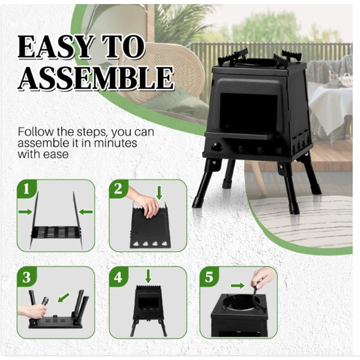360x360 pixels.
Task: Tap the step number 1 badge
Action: [27, 189]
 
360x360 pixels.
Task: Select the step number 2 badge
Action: [118, 189]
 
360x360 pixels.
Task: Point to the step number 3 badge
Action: [27, 277]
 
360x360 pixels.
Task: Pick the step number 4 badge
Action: [118, 277]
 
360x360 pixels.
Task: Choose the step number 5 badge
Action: [209, 277]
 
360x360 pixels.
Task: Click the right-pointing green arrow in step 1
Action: [25, 211]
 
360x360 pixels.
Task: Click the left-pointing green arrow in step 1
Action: [85, 212]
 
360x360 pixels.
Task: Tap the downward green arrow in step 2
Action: [159, 193]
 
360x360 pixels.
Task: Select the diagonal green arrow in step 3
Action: [63, 297]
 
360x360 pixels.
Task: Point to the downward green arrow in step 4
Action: [148, 276]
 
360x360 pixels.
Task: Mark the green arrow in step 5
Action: [238, 286]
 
